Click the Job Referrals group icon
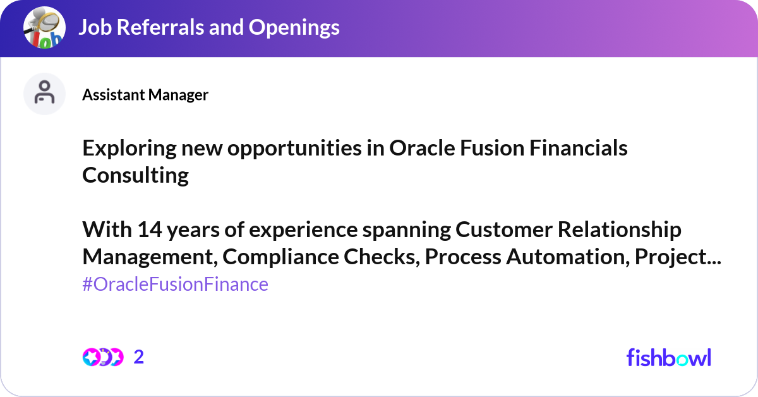[x=44, y=28]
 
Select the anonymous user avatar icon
[x=44, y=94]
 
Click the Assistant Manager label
[x=145, y=95]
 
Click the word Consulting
[x=135, y=175]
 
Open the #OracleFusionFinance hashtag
[x=175, y=284]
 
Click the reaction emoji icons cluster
[x=102, y=357]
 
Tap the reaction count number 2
[x=139, y=357]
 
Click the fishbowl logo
[x=668, y=357]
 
